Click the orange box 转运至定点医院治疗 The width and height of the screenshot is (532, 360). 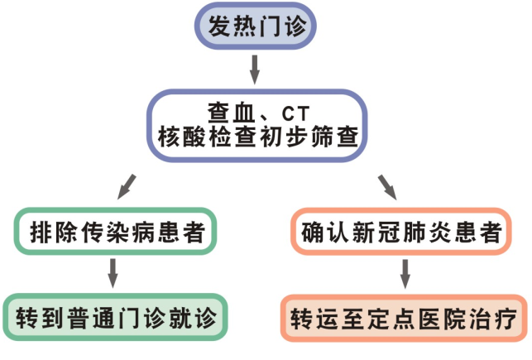pos(403,317)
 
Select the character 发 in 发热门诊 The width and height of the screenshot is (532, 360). pos(218,26)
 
